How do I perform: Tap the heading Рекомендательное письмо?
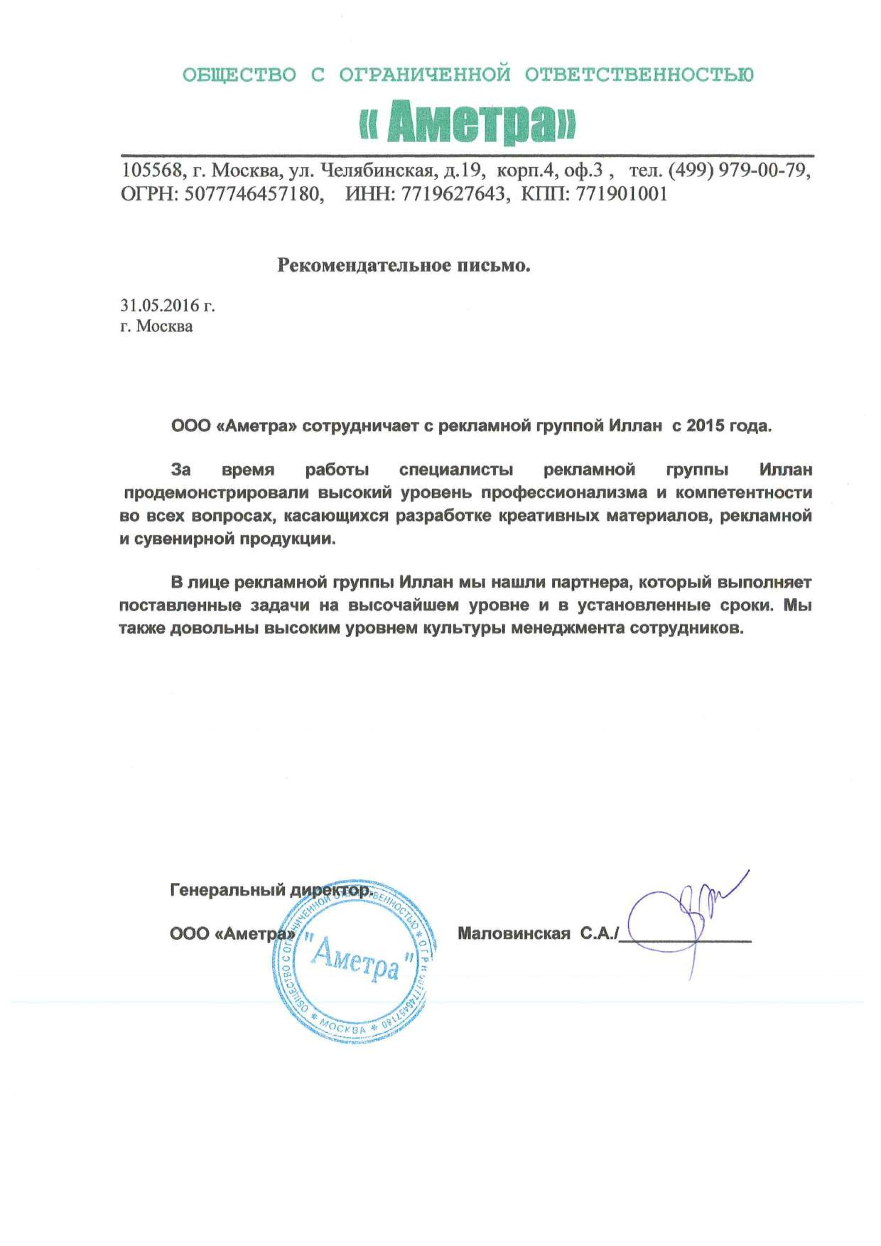point(404,265)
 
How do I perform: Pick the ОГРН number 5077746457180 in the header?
point(252,194)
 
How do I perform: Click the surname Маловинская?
point(514,934)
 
